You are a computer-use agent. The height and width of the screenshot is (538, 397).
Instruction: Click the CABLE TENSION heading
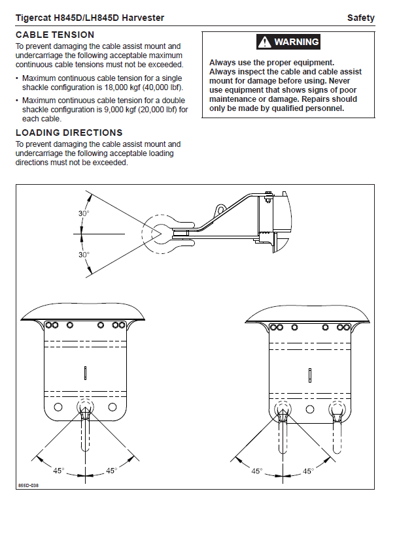pos(55,35)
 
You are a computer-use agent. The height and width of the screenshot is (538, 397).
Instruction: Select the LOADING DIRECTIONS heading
pos(69,133)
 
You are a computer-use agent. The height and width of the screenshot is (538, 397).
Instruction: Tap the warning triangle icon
pos(264,42)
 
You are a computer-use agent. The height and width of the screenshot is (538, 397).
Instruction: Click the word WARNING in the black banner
pos(296,42)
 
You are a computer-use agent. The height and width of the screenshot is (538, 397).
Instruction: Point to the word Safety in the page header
pos(360,18)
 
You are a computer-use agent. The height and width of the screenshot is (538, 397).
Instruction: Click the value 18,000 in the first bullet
pos(116,87)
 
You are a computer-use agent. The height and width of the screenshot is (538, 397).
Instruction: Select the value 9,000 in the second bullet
pos(113,110)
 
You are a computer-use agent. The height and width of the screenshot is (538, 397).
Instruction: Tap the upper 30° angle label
pos(84,214)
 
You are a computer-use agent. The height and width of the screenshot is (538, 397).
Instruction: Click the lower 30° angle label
pos(84,255)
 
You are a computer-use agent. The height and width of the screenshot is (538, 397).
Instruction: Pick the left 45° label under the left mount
pos(58,470)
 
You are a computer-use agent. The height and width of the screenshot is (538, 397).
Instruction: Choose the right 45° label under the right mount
pos(308,471)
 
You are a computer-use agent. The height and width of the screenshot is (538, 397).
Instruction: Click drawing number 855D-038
pos(28,485)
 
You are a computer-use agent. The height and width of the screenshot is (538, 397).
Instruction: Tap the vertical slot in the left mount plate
pos(85,373)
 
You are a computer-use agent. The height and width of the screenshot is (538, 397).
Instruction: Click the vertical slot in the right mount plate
pos(310,375)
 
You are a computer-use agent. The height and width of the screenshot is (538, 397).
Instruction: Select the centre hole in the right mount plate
pos(310,409)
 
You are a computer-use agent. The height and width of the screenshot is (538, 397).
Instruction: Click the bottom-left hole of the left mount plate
pos(58,407)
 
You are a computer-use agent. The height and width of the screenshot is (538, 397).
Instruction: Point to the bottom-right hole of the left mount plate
pos(112,407)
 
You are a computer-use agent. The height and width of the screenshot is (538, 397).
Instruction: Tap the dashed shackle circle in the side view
pos(143,234)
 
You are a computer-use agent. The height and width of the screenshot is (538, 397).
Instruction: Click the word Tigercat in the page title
pos(33,18)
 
